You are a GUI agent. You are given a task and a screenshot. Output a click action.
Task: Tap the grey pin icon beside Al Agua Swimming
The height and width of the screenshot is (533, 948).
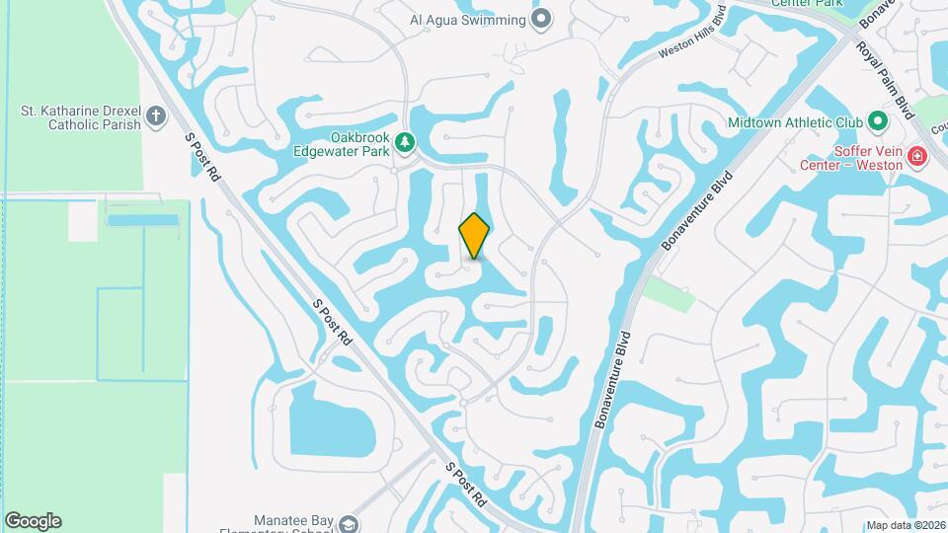(x=541, y=19)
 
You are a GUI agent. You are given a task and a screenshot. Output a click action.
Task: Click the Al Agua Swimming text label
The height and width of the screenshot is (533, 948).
(x=467, y=19)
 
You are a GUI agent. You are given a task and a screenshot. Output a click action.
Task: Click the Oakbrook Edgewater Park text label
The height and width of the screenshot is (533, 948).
(x=342, y=144)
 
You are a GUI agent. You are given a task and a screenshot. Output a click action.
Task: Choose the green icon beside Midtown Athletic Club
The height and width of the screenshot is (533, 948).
(x=877, y=123)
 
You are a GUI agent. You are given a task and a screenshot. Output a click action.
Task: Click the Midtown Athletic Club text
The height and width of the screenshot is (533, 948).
(x=795, y=123)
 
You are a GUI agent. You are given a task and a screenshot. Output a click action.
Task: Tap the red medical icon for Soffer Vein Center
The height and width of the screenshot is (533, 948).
(x=916, y=156)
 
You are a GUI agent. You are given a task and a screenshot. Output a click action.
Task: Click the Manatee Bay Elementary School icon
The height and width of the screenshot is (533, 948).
(x=347, y=522)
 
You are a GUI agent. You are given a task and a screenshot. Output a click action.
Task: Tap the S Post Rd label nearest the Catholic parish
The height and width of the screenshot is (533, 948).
(x=203, y=158)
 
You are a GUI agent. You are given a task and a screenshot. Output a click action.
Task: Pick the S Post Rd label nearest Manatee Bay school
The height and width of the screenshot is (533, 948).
(x=466, y=484)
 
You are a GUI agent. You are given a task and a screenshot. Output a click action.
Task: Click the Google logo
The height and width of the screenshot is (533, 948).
(x=33, y=521)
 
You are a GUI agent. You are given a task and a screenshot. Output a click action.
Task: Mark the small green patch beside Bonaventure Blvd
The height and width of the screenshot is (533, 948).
(x=671, y=294)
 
